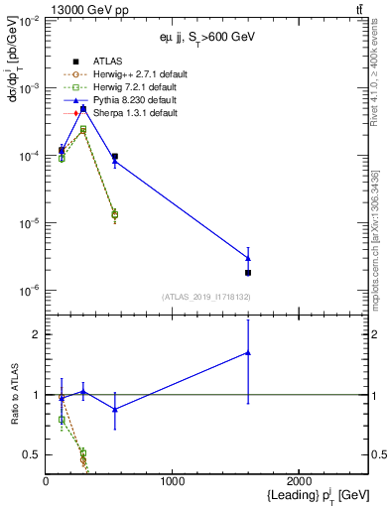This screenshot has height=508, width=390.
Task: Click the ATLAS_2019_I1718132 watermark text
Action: point(206,296)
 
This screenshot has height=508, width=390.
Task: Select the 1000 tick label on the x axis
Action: point(173,481)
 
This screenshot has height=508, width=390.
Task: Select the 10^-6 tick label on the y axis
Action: point(27,291)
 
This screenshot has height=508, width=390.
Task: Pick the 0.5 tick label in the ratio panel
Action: point(31,454)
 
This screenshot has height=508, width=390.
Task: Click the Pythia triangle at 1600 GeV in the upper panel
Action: point(248,258)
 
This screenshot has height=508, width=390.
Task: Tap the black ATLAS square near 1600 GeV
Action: point(248,273)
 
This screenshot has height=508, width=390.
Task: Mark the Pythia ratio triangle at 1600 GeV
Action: point(248,352)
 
